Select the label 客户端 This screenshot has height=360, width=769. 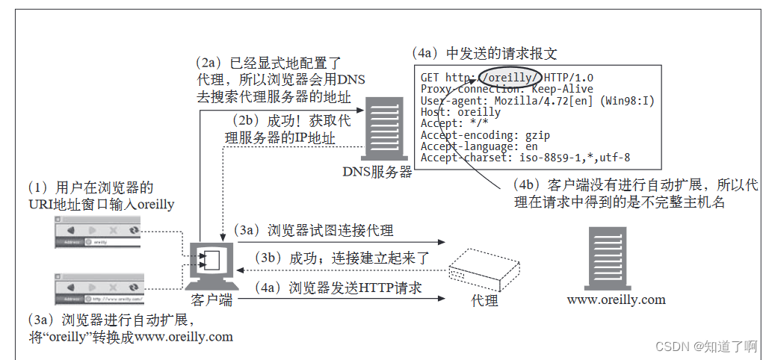point(211,300)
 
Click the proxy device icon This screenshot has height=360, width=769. point(485,265)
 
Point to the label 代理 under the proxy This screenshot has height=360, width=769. point(485,300)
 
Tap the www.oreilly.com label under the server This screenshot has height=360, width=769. point(616,300)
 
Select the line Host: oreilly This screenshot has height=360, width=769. point(460,112)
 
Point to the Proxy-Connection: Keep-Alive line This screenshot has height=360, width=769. point(507,89)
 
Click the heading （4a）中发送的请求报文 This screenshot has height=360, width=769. point(484,54)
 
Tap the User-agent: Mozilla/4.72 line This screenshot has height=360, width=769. point(537,101)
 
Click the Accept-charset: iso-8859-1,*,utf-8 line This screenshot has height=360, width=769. point(525,158)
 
